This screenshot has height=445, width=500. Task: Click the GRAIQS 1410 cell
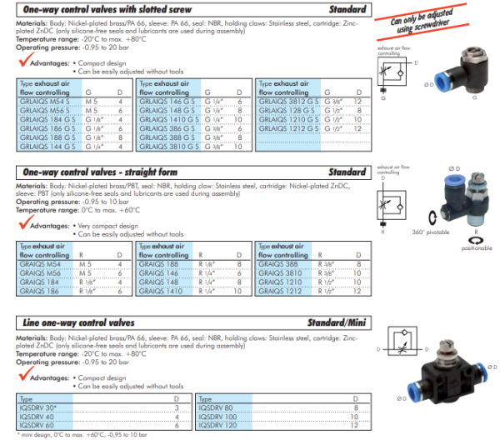click(158, 292)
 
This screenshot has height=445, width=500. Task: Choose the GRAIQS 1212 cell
click(277, 292)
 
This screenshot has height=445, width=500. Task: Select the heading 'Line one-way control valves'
click(70, 322)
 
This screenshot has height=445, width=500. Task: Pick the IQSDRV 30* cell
click(37, 407)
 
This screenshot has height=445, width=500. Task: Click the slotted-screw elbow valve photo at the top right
click(456, 71)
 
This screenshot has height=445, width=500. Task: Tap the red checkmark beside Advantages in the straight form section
click(22, 225)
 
